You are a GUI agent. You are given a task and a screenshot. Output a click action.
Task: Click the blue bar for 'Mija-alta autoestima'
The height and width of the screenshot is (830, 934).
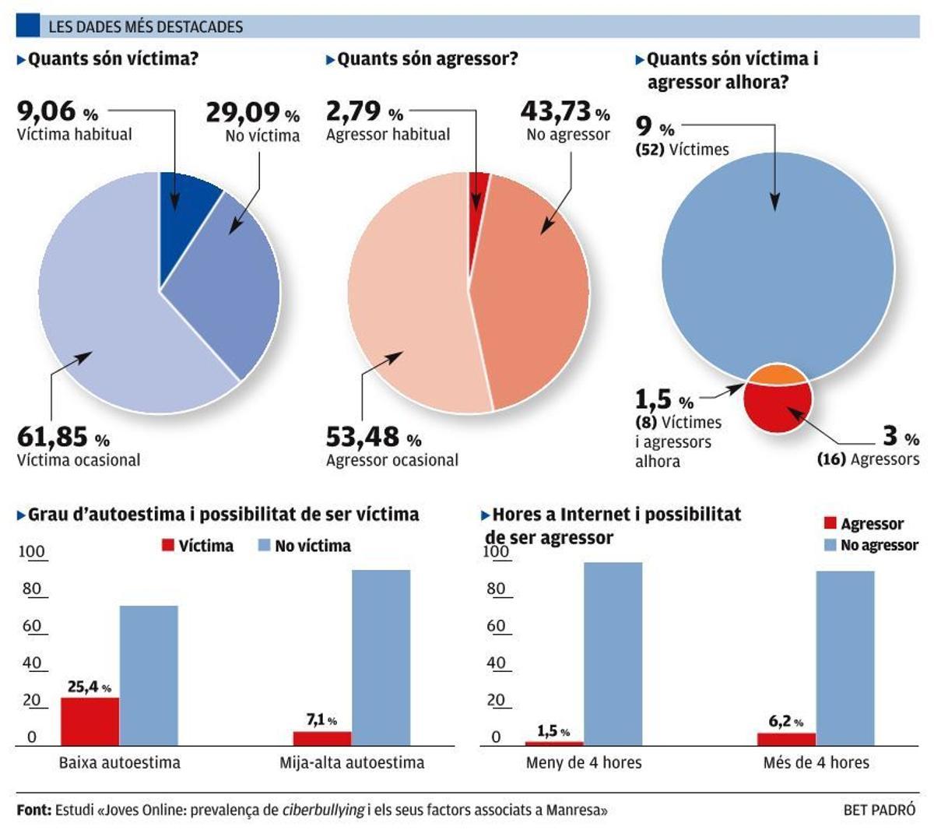381,658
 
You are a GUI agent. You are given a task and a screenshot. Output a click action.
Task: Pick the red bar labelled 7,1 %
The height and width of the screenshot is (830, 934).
322,738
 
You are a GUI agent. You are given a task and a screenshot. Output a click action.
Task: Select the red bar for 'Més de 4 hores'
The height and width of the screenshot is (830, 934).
787,739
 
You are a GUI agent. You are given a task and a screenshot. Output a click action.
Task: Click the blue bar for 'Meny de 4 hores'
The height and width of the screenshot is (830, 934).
613,654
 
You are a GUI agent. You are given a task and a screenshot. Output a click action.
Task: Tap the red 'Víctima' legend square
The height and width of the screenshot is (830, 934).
168,546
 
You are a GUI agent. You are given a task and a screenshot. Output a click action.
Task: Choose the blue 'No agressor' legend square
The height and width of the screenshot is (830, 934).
830,545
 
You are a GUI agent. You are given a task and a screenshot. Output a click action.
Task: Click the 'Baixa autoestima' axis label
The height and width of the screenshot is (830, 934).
119,762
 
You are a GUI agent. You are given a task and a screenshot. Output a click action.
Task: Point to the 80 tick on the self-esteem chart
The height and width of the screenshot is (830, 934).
32,589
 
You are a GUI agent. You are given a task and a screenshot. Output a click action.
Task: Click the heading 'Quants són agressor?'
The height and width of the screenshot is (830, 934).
427,59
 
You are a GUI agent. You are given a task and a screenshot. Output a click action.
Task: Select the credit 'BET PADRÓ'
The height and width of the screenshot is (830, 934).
880,810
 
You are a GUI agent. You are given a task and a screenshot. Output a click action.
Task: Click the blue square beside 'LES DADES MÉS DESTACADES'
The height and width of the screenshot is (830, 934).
28,26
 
